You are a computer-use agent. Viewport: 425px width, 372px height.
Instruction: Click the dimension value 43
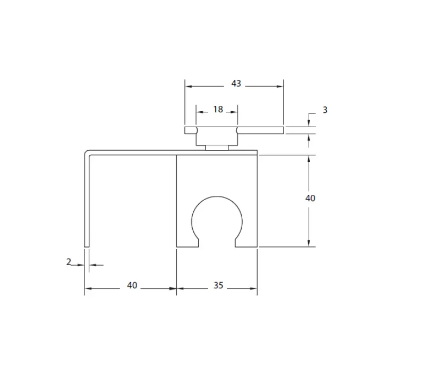click(236, 84)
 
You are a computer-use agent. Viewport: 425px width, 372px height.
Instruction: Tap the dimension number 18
click(218, 110)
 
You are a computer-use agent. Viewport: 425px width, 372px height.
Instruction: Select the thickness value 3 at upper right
click(325, 110)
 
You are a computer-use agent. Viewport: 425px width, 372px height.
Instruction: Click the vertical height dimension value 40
click(310, 198)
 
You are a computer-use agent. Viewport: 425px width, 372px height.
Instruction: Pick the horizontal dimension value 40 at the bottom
click(132, 285)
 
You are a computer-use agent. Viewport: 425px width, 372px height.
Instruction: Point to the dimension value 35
click(218, 285)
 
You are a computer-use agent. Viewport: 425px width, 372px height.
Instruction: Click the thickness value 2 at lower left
click(69, 261)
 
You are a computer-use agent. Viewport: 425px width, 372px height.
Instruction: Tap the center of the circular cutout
click(217, 219)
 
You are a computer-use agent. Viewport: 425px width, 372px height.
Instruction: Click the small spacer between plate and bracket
click(217, 147)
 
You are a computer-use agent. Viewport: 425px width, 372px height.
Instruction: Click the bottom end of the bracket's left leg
click(87, 245)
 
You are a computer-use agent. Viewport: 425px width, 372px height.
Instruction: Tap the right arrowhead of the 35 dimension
click(254, 288)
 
